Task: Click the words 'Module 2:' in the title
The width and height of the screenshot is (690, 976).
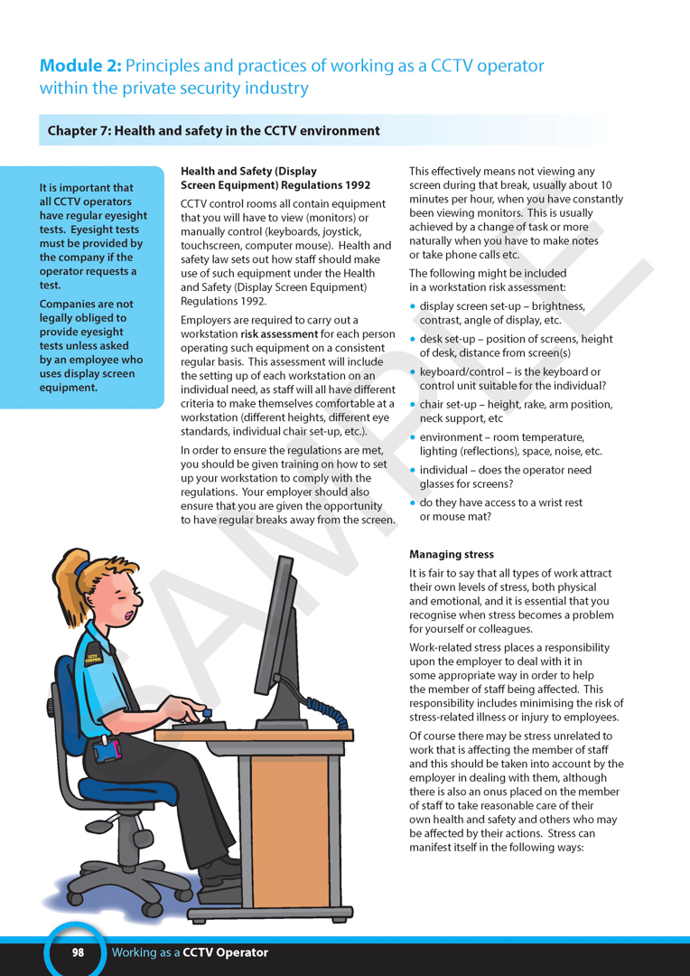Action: pyautogui.click(x=79, y=66)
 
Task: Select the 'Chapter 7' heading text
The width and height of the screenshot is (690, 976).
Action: pyautogui.click(x=214, y=131)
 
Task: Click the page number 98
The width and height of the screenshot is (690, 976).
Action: pyautogui.click(x=78, y=952)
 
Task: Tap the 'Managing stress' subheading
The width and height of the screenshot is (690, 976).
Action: pyautogui.click(x=452, y=554)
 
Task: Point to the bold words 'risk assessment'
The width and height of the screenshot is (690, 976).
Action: pyautogui.click(x=279, y=334)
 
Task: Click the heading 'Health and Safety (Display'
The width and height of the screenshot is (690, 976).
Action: pyautogui.click(x=248, y=171)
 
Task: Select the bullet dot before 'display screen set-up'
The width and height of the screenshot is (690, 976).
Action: pyautogui.click(x=414, y=306)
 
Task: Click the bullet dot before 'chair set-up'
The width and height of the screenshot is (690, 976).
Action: pyautogui.click(x=414, y=405)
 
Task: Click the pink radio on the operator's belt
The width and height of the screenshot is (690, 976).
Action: pyautogui.click(x=109, y=749)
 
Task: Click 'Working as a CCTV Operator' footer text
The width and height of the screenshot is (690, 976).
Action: pyautogui.click(x=190, y=952)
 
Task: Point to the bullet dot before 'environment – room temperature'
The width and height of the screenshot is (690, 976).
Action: pyautogui.click(x=414, y=437)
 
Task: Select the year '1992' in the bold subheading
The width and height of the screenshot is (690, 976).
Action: pyautogui.click(x=351, y=184)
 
